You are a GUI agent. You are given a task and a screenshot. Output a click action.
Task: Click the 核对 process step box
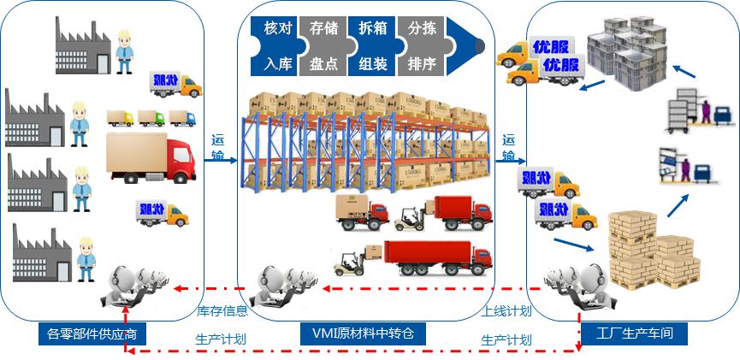pyautogui.click(x=279, y=28)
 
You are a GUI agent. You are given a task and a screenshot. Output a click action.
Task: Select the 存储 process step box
pyautogui.click(x=323, y=28)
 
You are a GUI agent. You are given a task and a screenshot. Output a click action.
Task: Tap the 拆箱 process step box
pyautogui.click(x=372, y=28)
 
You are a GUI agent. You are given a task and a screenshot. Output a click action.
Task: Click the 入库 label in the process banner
pyautogui.click(x=279, y=63)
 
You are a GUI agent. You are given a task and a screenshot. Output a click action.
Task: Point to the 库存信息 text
pyautogui.click(x=222, y=311)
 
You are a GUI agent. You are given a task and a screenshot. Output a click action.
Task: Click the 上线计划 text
pyautogui.click(x=506, y=311)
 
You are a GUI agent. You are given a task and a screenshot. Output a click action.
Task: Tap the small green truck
pyautogui.click(x=121, y=118)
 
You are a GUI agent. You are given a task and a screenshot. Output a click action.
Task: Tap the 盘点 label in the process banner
pyautogui.click(x=323, y=63)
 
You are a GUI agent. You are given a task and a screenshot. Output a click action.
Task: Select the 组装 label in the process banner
pyautogui.click(x=372, y=63)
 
